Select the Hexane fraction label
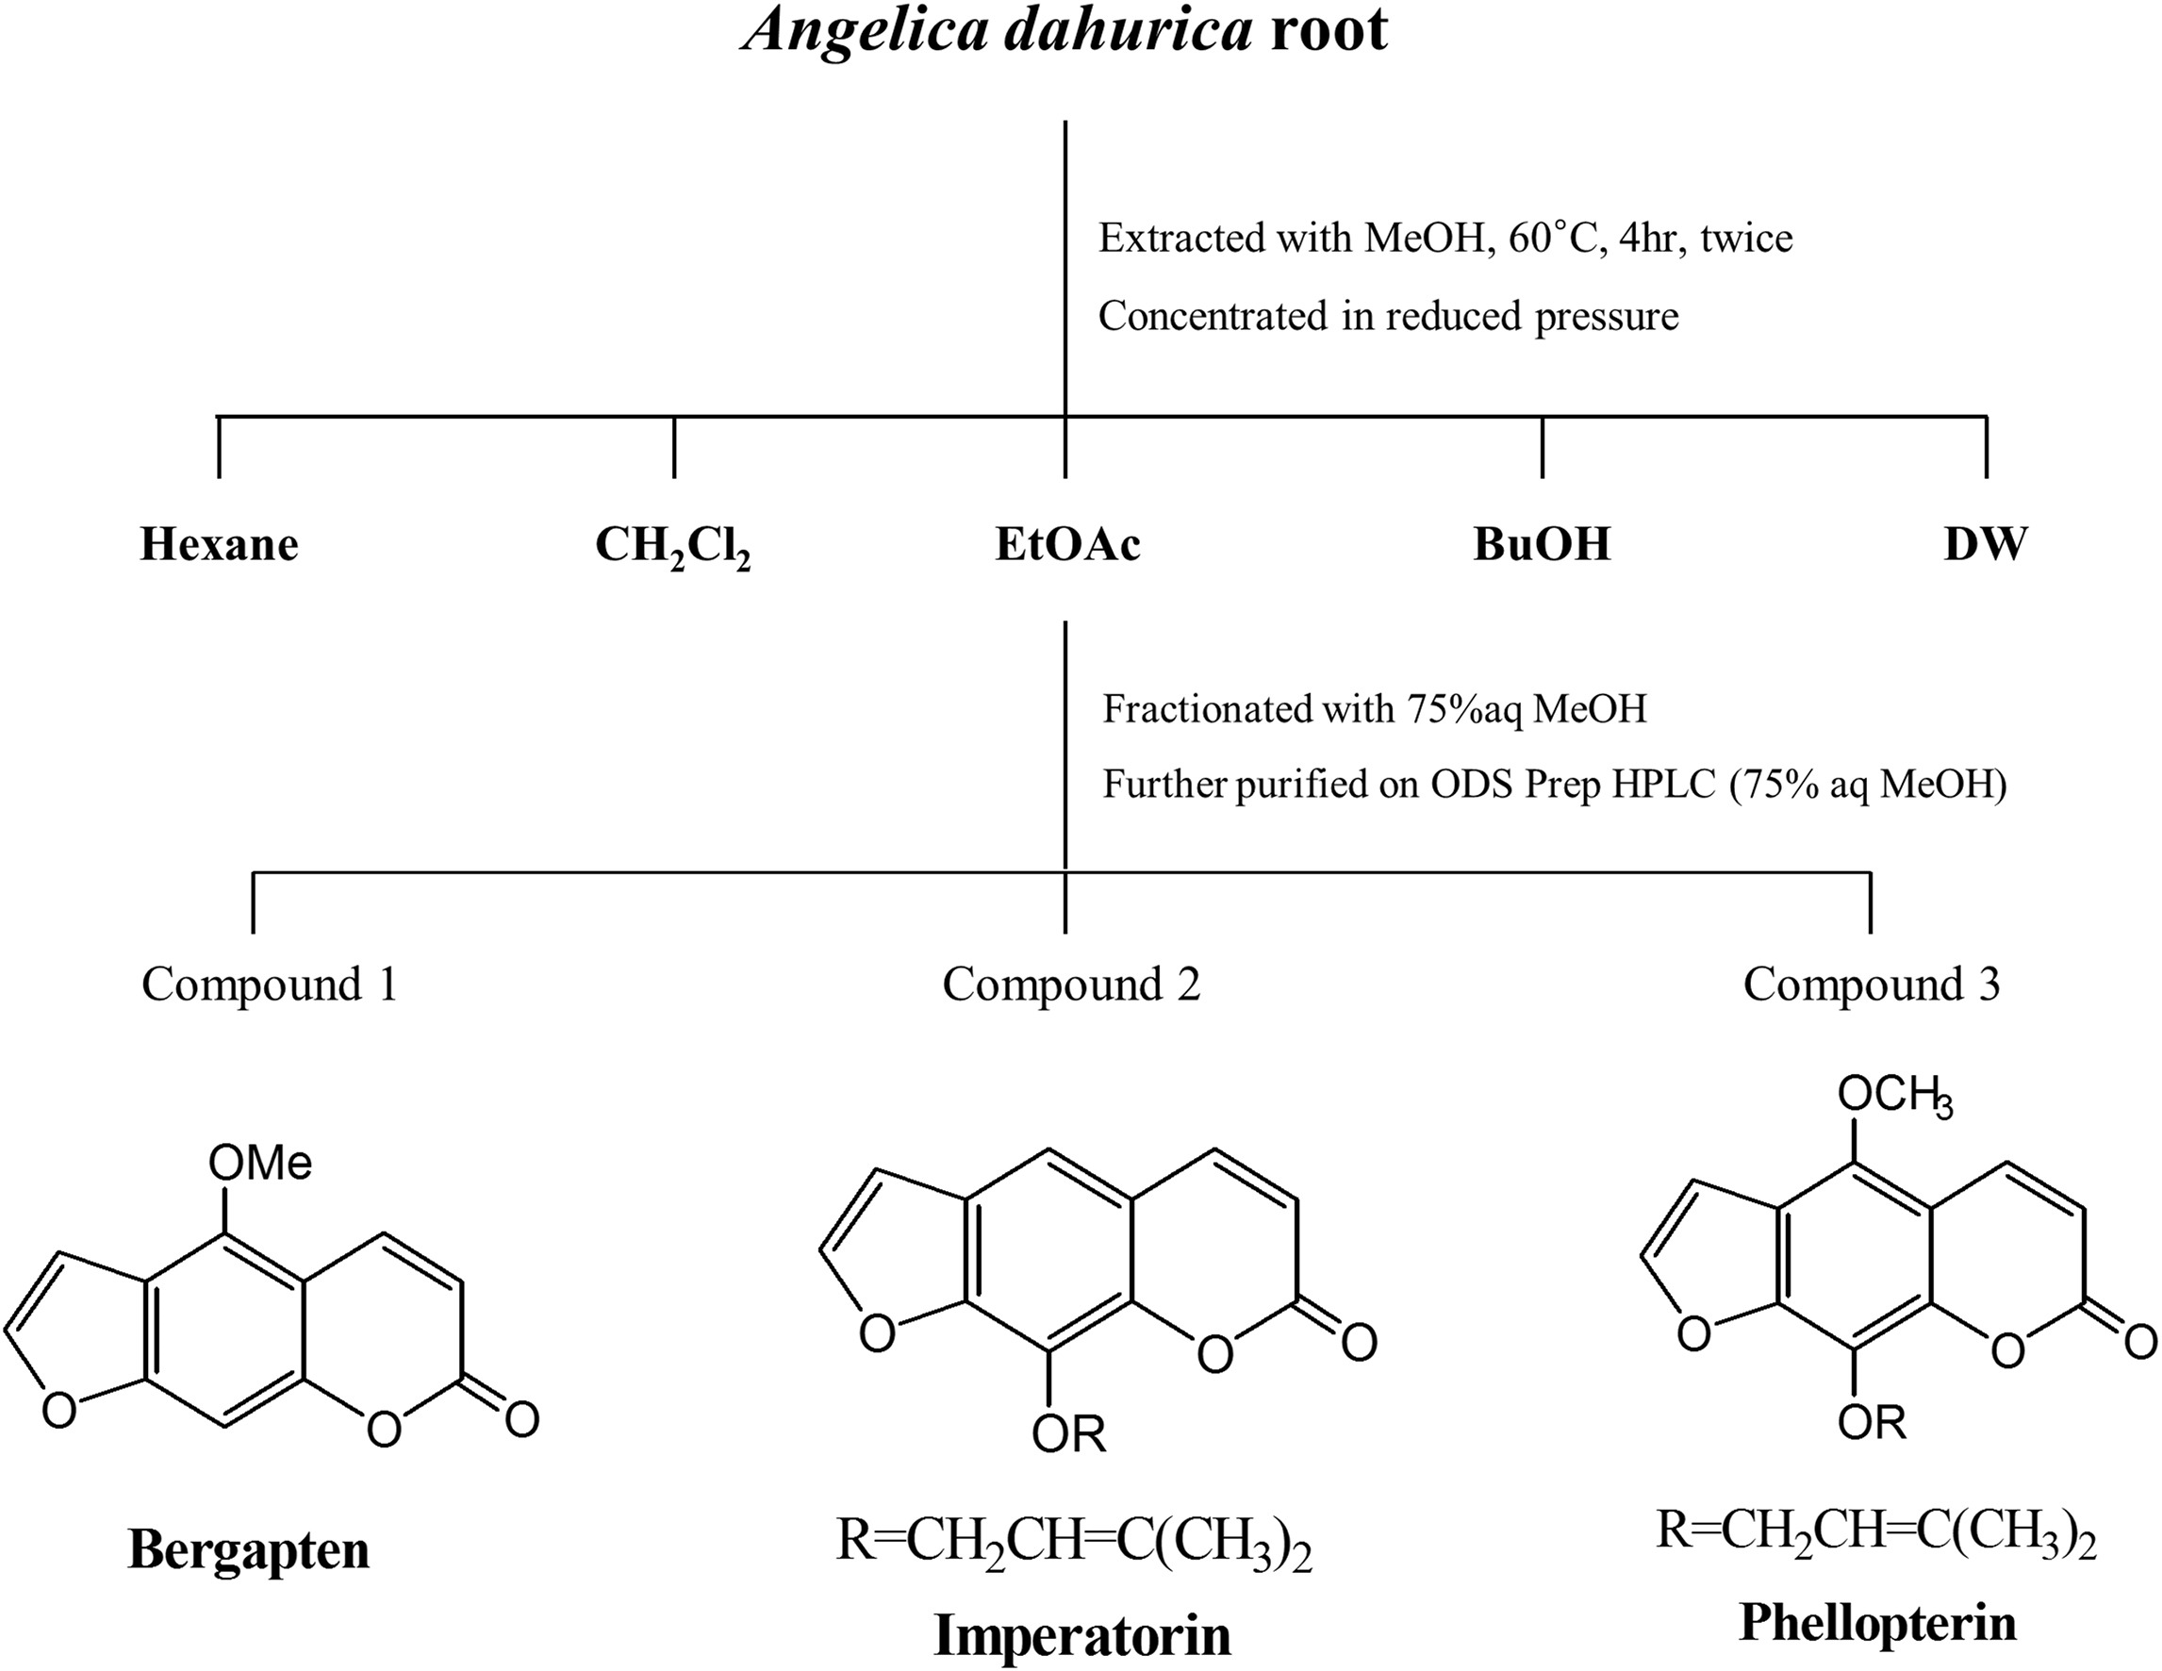pyautogui.click(x=219, y=544)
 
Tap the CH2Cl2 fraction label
pyautogui.click(x=672, y=546)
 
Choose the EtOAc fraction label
pyautogui.click(x=1067, y=544)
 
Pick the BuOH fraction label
pyautogui.click(x=1542, y=544)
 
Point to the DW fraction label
pyautogui.click(x=1985, y=544)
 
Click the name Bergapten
pyautogui.click(x=249, y=1551)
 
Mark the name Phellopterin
pyautogui.click(x=1877, y=1624)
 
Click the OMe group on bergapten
pyautogui.click(x=259, y=1162)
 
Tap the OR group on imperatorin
pyautogui.click(x=1068, y=1433)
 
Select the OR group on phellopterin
pyautogui.click(x=1872, y=1423)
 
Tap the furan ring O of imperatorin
pyautogui.click(x=876, y=1333)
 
